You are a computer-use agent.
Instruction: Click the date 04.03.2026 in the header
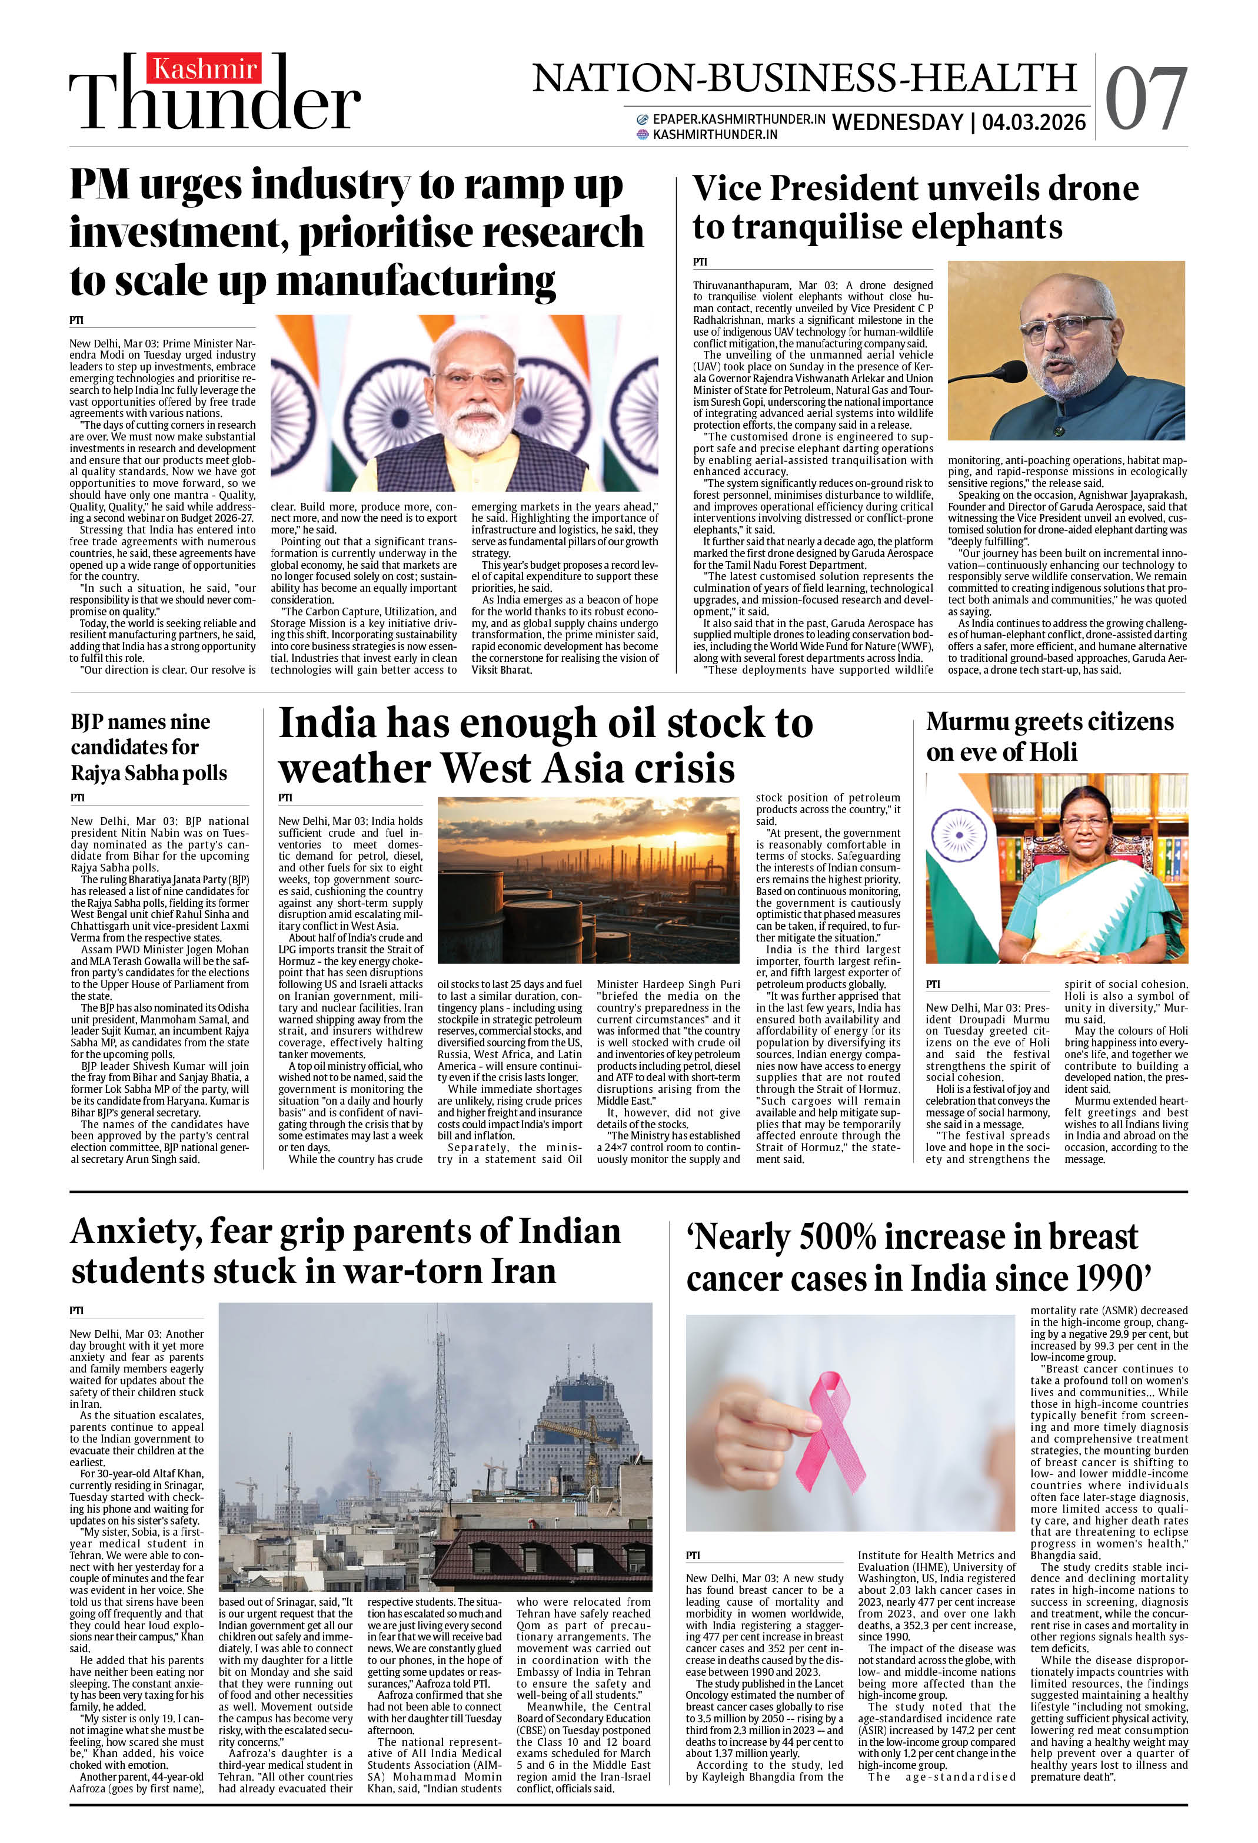1033,122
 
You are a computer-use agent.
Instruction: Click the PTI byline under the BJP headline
78,797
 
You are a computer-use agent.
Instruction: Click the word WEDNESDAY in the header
897,122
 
